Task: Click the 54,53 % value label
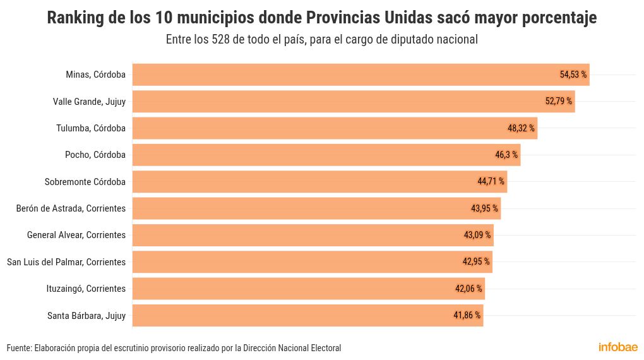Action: point(573,75)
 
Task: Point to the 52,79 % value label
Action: point(558,101)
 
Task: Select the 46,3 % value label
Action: point(506,155)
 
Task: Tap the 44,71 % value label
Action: point(491,182)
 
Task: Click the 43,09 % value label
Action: point(477,235)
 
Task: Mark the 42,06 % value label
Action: point(468,289)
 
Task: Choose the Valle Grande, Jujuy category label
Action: point(89,101)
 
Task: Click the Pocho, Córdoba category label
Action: point(95,155)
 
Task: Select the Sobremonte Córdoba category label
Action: point(85,182)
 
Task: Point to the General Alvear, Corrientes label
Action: point(76,235)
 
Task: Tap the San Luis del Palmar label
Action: point(66,261)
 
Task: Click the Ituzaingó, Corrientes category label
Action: point(86,289)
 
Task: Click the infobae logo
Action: point(617,347)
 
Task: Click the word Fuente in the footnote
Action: point(18,348)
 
